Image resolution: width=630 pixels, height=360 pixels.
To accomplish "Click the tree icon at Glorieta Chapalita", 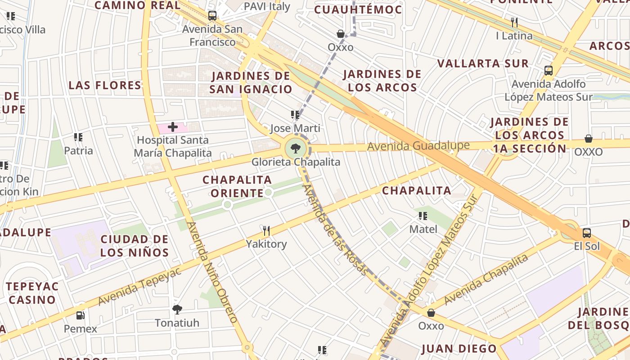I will click(296, 148).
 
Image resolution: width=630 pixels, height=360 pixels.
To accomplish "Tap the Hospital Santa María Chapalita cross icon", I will click(173, 127).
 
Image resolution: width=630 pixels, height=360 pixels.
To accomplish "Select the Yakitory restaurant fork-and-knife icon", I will click(266, 231).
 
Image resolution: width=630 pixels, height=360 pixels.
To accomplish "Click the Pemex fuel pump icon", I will click(80, 315).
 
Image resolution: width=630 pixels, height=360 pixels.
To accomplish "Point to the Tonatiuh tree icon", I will click(177, 310).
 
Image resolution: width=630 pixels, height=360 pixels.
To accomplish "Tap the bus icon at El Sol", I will click(587, 233).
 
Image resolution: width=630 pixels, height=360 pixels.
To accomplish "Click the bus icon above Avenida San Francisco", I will click(212, 16).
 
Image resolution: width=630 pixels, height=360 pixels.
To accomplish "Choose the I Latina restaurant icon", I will click(514, 22).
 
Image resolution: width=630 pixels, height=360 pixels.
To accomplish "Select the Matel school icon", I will click(423, 216).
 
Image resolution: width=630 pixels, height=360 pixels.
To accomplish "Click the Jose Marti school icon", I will click(295, 115).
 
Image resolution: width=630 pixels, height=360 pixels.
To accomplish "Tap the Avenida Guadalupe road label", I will click(418, 146).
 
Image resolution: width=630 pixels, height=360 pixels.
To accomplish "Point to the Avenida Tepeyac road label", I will click(139, 286).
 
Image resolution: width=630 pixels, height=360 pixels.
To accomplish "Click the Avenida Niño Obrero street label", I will click(211, 272).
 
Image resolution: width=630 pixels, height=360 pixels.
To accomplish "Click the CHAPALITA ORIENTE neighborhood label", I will click(237, 186).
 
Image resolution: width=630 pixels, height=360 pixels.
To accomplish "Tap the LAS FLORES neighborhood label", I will click(105, 85).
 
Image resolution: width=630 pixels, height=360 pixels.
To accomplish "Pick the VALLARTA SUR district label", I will click(483, 63).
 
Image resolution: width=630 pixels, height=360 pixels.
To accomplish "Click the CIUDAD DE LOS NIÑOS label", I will click(134, 246).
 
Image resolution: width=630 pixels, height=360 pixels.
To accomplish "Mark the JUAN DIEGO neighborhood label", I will click(459, 349).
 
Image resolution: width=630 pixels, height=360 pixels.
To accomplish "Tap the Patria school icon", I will click(78, 137).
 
